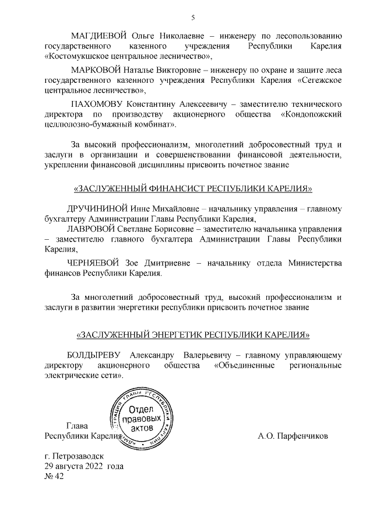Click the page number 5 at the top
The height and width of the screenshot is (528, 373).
193,17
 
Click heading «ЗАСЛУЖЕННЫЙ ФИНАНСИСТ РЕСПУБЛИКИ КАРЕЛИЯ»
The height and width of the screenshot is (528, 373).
193,188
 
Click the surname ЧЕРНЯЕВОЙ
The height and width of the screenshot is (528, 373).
94,263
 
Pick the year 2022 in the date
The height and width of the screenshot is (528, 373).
93,466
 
